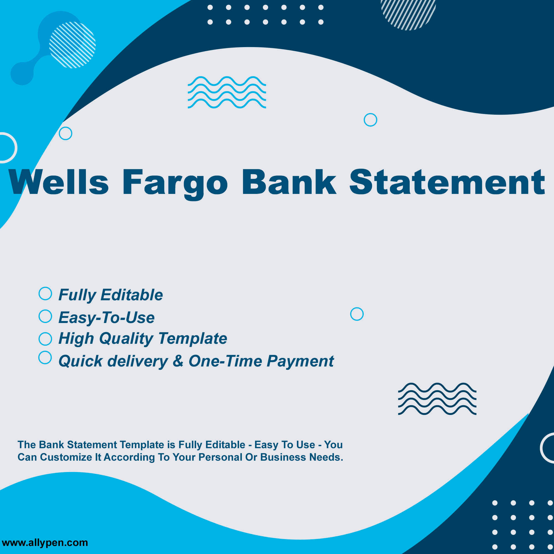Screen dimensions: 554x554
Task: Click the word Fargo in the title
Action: pyautogui.click(x=175, y=184)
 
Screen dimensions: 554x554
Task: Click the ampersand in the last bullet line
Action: pyautogui.click(x=178, y=360)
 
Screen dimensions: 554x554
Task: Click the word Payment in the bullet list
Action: pyautogui.click(x=300, y=361)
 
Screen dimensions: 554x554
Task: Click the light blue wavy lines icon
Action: pyautogui.click(x=227, y=92)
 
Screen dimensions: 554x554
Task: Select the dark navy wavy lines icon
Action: pyautogui.click(x=437, y=399)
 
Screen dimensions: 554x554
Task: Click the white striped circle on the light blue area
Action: pyautogui.click(x=72, y=45)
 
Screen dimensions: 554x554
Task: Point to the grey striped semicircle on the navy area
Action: pyautogui.click(x=408, y=14)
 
